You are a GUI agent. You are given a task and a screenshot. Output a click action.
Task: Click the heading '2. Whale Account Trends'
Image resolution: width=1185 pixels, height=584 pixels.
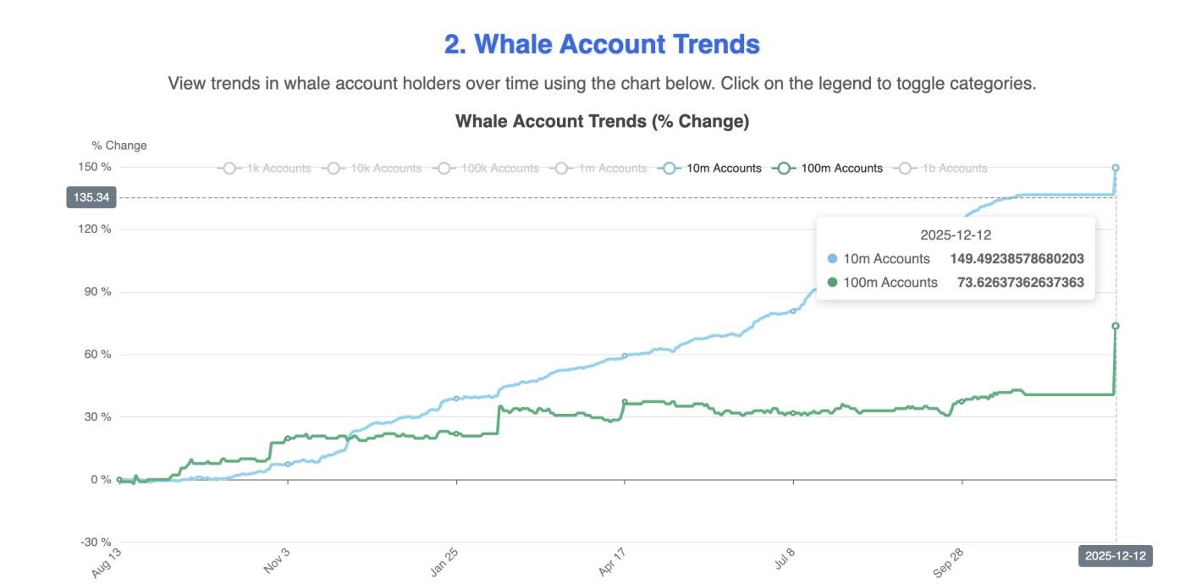coord(602,44)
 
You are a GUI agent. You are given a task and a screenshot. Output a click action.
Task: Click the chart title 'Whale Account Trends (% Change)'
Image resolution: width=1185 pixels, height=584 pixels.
coord(602,121)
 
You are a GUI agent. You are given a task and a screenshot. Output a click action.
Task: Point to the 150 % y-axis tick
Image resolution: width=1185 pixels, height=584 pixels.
coord(94,167)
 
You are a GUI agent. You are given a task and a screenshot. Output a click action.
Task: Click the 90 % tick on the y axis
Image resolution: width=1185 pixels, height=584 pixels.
coord(96,292)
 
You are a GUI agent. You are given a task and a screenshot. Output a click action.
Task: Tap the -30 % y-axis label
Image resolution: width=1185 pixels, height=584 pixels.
coord(94,543)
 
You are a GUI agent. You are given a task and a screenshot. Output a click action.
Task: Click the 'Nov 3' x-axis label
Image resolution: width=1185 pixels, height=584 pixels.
coord(277,561)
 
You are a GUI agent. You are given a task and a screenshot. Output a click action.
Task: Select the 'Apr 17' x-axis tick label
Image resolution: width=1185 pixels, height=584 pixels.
coord(613,561)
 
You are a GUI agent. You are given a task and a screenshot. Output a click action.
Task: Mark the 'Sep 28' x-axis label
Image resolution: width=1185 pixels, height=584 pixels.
coord(949,561)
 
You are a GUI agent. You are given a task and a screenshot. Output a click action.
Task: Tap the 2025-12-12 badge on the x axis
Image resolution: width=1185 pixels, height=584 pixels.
coord(1115,556)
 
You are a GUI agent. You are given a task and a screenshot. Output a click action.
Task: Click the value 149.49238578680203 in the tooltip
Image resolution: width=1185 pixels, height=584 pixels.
coord(1017,259)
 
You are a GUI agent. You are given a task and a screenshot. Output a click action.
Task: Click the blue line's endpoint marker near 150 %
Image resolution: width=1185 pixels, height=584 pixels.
coord(1116,168)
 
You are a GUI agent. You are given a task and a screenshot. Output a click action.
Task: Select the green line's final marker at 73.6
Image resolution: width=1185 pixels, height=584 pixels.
coord(1116,326)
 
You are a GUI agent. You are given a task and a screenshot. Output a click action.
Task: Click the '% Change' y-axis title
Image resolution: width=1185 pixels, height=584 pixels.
coord(119,146)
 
